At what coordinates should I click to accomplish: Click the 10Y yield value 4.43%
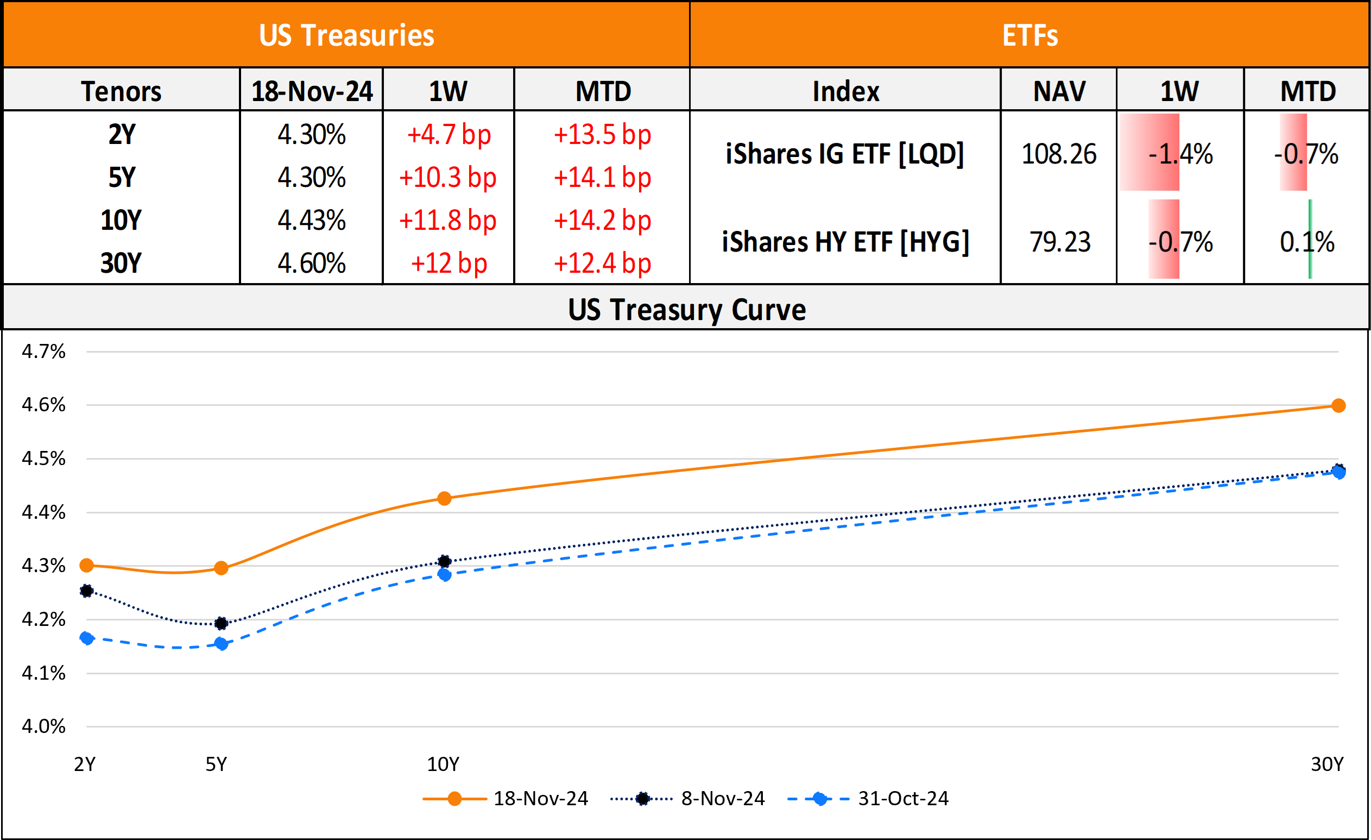[312, 221]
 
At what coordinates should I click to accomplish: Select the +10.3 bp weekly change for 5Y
[448, 178]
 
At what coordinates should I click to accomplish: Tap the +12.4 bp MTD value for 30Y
[603, 264]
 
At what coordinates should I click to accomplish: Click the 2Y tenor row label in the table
[122, 135]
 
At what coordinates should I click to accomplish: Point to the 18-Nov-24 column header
[312, 91]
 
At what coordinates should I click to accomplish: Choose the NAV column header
[1059, 91]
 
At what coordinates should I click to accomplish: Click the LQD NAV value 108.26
[1059, 154]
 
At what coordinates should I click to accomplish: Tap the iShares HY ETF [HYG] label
[845, 242]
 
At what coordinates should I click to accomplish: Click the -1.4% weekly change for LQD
[1180, 154]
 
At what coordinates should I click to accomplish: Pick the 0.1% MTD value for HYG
[1307, 242]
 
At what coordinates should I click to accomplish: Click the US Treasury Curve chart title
[687, 310]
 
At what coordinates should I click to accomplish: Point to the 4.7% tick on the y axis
[43, 351]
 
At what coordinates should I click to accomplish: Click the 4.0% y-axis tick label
[43, 726]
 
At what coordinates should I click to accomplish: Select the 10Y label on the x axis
[443, 764]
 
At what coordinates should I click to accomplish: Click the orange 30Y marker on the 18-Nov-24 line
[1339, 406]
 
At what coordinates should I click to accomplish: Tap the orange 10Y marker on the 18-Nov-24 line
[444, 498]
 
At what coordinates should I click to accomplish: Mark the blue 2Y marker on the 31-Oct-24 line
[87, 638]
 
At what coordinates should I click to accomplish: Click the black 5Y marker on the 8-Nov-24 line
[221, 623]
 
